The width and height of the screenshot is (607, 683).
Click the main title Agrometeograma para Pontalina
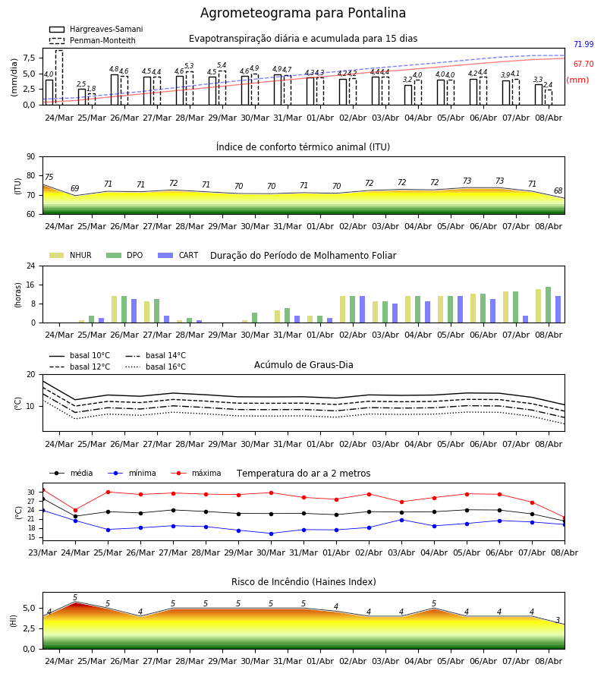pyautogui.click(x=303, y=13)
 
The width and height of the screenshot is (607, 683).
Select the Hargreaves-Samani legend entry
pyautogui.click(x=96, y=29)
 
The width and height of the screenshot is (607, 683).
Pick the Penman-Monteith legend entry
pyautogui.click(x=93, y=40)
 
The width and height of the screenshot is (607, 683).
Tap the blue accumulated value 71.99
pyautogui.click(x=583, y=44)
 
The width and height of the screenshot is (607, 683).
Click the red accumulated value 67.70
pyautogui.click(x=583, y=64)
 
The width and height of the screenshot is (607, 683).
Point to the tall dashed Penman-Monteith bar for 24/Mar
pyautogui.click(x=58, y=77)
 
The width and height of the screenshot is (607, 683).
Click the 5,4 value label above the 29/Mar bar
pyautogui.click(x=222, y=65)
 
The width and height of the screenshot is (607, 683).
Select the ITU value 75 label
pyautogui.click(x=49, y=177)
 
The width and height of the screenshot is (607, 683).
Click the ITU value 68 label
pyautogui.click(x=558, y=190)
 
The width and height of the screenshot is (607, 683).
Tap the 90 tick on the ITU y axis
pyautogui.click(x=31, y=157)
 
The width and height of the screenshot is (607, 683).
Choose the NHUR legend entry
pyautogui.click(x=71, y=255)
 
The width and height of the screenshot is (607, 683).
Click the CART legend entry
pyautogui.click(x=178, y=255)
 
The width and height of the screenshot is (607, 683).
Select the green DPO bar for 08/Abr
pyautogui.click(x=549, y=305)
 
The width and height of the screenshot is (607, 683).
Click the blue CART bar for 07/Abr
pyautogui.click(x=526, y=319)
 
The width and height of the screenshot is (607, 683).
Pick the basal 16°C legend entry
pyautogui.click(x=156, y=367)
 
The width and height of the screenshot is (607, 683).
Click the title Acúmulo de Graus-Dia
pyautogui.click(x=303, y=364)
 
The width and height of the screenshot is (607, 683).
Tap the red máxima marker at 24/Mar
pyautogui.click(x=75, y=510)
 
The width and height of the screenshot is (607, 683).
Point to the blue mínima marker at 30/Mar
pyautogui.click(x=272, y=533)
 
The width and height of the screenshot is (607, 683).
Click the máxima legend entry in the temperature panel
pyautogui.click(x=196, y=473)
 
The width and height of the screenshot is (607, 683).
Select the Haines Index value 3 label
pyautogui.click(x=558, y=620)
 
